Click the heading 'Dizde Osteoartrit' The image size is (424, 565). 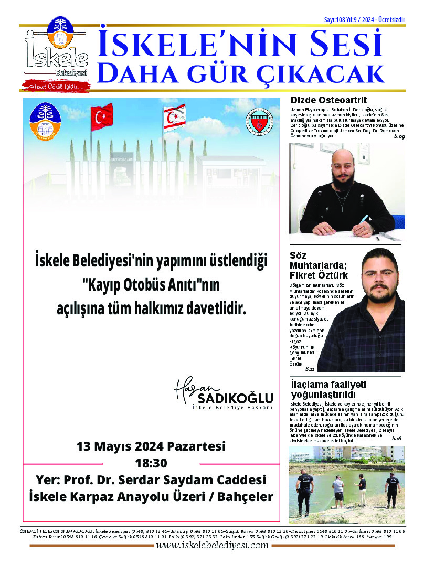pos(328,100)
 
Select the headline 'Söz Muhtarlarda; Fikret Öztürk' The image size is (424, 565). pos(318,265)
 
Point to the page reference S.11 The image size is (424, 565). pos(310,369)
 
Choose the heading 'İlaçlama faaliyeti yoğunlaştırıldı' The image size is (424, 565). pos(328,389)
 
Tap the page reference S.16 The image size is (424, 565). pos(396,438)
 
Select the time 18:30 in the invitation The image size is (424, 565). pos(151,463)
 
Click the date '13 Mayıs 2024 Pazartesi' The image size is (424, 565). pos(151,447)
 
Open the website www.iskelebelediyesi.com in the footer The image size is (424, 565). pos(212,545)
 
